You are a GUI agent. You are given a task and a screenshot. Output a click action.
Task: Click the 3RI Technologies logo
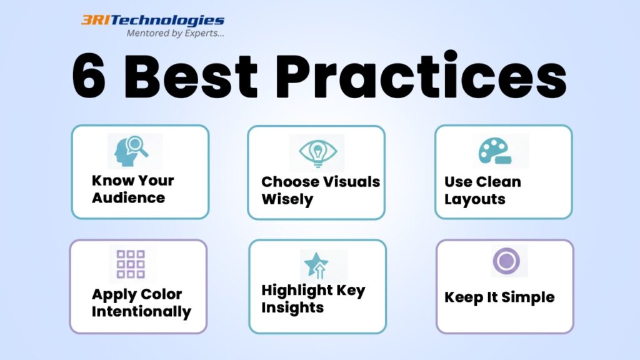coord(152,21)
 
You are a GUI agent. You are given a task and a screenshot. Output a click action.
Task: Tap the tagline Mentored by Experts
coord(175,34)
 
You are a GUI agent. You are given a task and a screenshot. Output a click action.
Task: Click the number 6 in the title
coord(89,76)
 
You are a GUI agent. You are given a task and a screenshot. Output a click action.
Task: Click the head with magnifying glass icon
coord(131,151)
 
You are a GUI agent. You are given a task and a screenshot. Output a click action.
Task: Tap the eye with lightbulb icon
coord(317,152)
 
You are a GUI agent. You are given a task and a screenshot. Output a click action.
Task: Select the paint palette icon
coord(496,151)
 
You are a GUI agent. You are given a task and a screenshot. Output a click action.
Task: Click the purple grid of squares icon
coord(131,264)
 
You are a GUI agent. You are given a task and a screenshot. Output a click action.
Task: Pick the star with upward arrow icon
coord(316,265)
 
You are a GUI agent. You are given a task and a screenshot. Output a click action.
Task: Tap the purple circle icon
coord(506,261)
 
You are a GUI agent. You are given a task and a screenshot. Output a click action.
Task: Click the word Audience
coord(128,198)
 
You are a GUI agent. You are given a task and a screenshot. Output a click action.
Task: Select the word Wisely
coord(287,199)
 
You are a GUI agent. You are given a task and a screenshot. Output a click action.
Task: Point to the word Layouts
coord(475,199)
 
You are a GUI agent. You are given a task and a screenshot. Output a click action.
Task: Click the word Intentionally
coord(141,311)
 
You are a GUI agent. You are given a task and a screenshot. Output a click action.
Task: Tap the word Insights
coord(292,307)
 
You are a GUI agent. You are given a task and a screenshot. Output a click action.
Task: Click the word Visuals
coord(351,182)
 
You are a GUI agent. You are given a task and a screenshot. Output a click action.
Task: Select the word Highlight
coord(297,291)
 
